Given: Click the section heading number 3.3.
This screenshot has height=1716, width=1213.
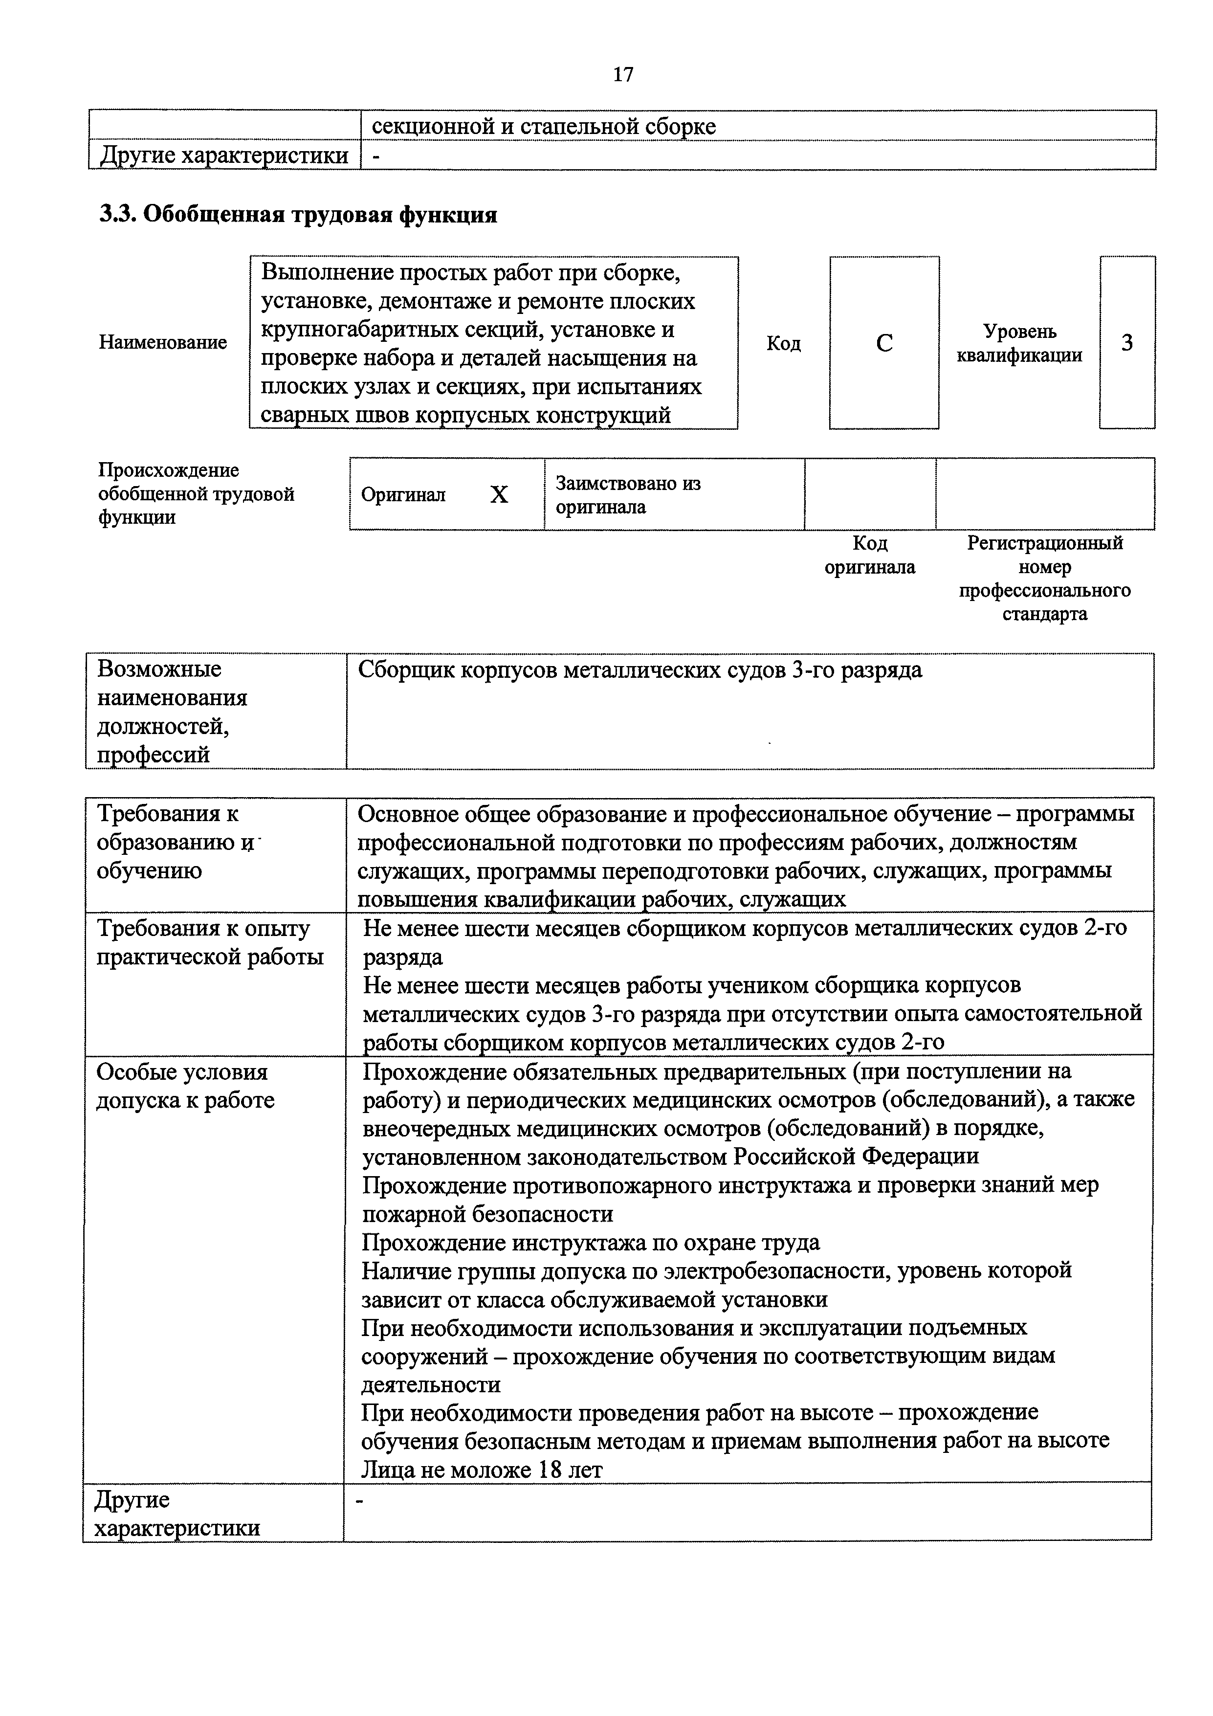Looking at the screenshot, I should pyautogui.click(x=116, y=215).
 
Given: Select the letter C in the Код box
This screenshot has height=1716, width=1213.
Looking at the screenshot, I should pyautogui.click(x=884, y=343).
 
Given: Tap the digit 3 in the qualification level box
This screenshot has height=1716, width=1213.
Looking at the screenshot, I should pyautogui.click(x=1126, y=342).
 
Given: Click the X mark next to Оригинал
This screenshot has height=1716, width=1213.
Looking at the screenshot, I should pyautogui.click(x=499, y=495).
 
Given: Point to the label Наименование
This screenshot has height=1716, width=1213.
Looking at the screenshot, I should pyautogui.click(x=163, y=342).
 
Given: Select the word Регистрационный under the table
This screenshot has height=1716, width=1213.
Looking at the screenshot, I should pyautogui.click(x=1044, y=543).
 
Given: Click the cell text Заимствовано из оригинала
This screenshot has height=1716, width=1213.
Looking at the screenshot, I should pyautogui.click(x=628, y=495).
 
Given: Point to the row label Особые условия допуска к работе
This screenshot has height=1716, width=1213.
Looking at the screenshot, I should pyautogui.click(x=185, y=1086).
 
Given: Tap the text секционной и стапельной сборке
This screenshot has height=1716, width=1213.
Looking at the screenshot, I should pyautogui.click(x=543, y=126).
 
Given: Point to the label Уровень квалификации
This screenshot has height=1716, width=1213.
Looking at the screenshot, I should pyautogui.click(x=1019, y=343).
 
